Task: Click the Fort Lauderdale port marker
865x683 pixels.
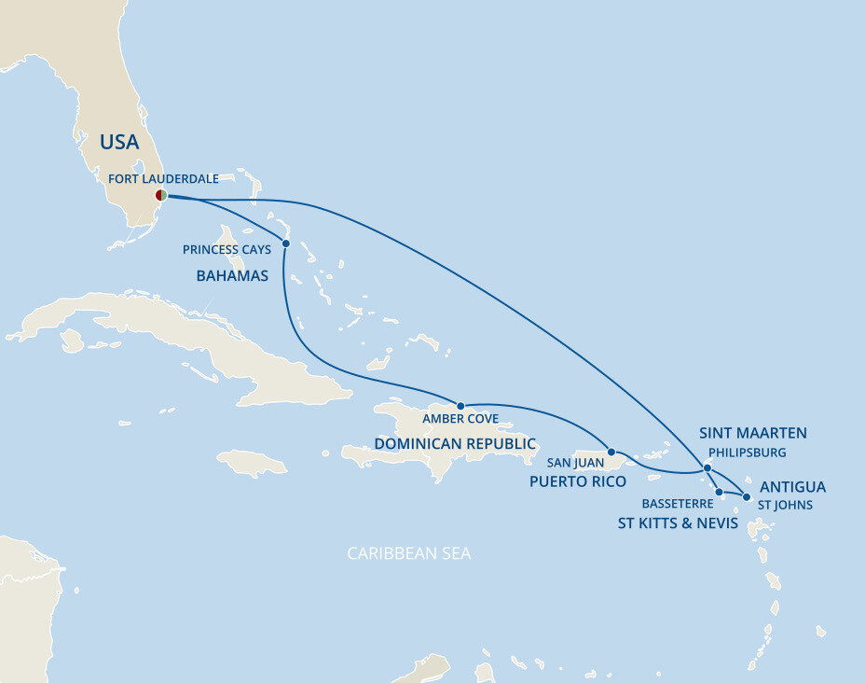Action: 161,195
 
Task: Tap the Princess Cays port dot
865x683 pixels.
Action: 285,244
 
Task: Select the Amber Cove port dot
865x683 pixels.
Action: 460,406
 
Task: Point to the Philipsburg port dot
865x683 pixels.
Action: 707,467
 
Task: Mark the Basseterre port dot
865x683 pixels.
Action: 719,492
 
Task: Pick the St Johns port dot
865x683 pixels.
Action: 746,496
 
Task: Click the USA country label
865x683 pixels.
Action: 119,143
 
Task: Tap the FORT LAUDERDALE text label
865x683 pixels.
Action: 163,178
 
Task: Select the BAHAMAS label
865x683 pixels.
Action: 232,276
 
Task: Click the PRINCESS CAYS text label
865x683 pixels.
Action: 227,250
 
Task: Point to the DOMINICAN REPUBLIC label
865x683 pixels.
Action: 455,444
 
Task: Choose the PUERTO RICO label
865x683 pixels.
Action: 577,481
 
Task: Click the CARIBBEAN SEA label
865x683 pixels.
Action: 408,554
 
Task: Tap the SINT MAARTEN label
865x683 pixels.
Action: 752,433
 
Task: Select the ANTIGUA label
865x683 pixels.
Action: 792,487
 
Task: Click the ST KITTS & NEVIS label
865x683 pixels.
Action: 678,523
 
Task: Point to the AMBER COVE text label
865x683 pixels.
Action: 460,419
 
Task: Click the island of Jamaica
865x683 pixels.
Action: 253,462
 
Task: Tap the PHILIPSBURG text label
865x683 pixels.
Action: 743,453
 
